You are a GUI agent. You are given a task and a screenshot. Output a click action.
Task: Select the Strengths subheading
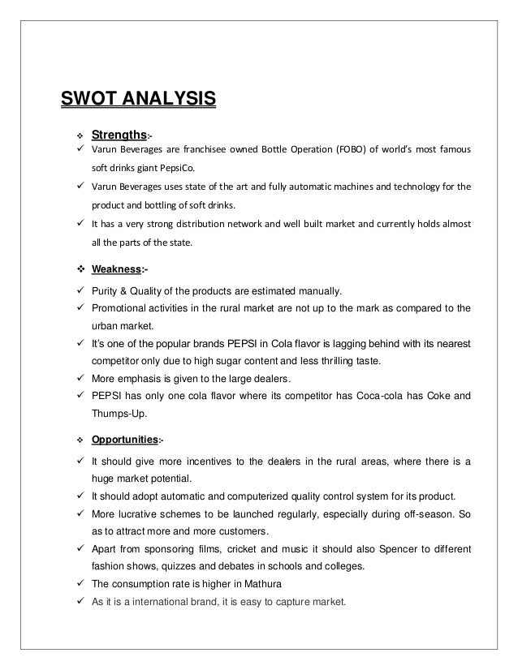point(119,133)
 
